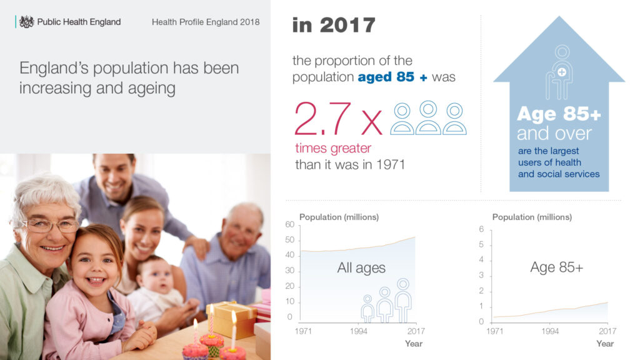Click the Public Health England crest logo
pyautogui.click(x=26, y=22)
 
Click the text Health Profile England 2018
pyautogui.click(x=206, y=22)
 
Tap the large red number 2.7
pyautogui.click(x=322, y=118)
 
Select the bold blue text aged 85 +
pyautogui.click(x=392, y=77)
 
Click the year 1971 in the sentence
pyautogui.click(x=391, y=164)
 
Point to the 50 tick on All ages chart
pyautogui.click(x=290, y=239)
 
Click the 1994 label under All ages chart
pyautogui.click(x=358, y=331)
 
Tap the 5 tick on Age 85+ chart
pyautogui.click(x=481, y=244)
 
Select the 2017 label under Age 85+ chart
pyautogui.click(x=607, y=331)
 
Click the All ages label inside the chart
pyautogui.click(x=361, y=267)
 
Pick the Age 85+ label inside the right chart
pyautogui.click(x=557, y=267)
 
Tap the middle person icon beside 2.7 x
pyautogui.click(x=427, y=117)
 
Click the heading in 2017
pyautogui.click(x=334, y=25)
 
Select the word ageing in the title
pyautogui.click(x=151, y=88)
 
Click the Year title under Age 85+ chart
pyautogui.click(x=605, y=344)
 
